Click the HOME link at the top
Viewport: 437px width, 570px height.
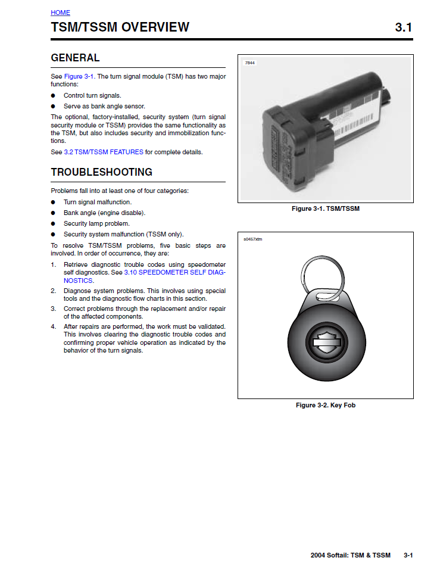60,13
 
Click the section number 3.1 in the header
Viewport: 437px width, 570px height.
403,27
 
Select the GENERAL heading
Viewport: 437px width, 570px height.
75,58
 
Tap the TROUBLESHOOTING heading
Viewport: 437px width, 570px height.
101,172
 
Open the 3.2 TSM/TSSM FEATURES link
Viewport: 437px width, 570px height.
104,152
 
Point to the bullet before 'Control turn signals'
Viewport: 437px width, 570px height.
53,95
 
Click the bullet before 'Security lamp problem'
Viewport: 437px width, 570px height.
53,223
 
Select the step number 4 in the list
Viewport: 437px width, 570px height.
53,326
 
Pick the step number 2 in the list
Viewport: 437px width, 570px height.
53,291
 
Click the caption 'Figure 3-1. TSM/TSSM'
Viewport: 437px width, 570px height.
326,209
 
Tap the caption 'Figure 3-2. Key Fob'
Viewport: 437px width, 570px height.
325,406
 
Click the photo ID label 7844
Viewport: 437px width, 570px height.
250,63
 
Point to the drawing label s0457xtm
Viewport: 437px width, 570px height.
252,239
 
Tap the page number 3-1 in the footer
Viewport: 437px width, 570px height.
408,555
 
